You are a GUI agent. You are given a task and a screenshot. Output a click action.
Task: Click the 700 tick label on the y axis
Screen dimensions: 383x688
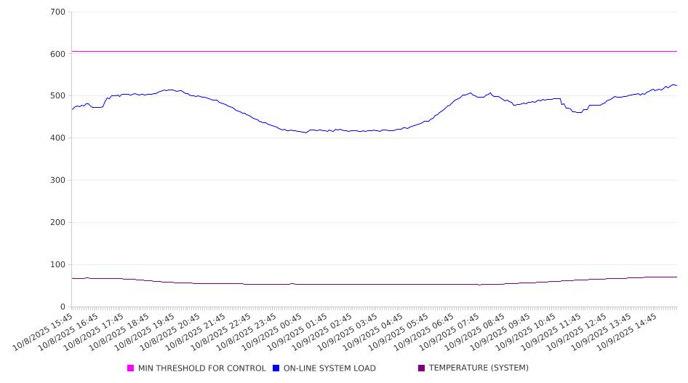click(x=58, y=12)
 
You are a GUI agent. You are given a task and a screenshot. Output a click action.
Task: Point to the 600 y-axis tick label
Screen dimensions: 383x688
click(x=58, y=54)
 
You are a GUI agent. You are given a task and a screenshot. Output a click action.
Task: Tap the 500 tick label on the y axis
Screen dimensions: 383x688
click(x=58, y=96)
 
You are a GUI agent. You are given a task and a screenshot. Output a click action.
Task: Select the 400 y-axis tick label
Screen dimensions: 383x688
click(x=58, y=138)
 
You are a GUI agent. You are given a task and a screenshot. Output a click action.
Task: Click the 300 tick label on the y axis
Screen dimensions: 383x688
click(x=58, y=181)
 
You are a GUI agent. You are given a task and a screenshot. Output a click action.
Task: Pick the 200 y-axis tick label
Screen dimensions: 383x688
click(x=58, y=223)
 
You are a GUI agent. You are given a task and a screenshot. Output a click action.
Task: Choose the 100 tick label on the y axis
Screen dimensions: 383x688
click(x=58, y=265)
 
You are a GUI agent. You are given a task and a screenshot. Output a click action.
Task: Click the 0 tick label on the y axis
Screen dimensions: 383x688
click(x=63, y=307)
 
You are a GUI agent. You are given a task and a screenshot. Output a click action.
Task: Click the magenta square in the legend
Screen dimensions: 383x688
click(x=131, y=368)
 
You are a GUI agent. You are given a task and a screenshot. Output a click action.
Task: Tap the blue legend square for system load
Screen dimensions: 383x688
click(x=276, y=368)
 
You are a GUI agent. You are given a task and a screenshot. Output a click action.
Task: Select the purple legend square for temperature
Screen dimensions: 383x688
click(x=422, y=368)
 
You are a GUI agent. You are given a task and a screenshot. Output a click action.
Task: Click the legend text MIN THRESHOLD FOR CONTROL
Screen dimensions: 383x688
click(x=202, y=368)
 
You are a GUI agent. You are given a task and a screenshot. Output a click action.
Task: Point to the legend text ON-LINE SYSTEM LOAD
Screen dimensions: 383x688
click(x=329, y=368)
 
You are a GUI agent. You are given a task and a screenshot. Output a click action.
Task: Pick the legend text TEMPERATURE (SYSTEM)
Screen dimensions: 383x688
click(x=479, y=368)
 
